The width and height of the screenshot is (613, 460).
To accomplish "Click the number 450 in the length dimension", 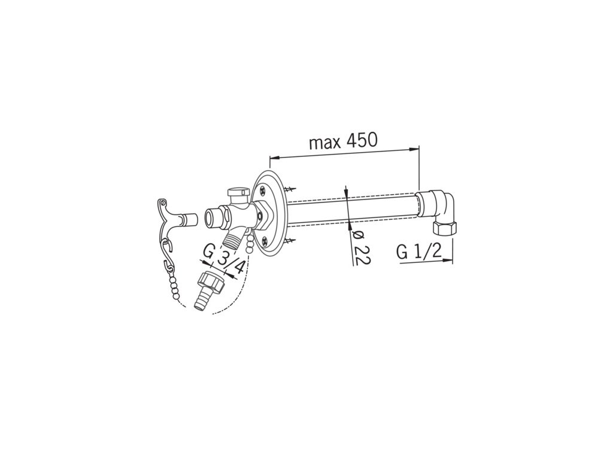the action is coord(360,140).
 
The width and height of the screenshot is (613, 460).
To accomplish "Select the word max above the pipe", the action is coord(323,143).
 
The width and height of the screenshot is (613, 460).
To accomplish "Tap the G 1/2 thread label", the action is coord(418,252).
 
